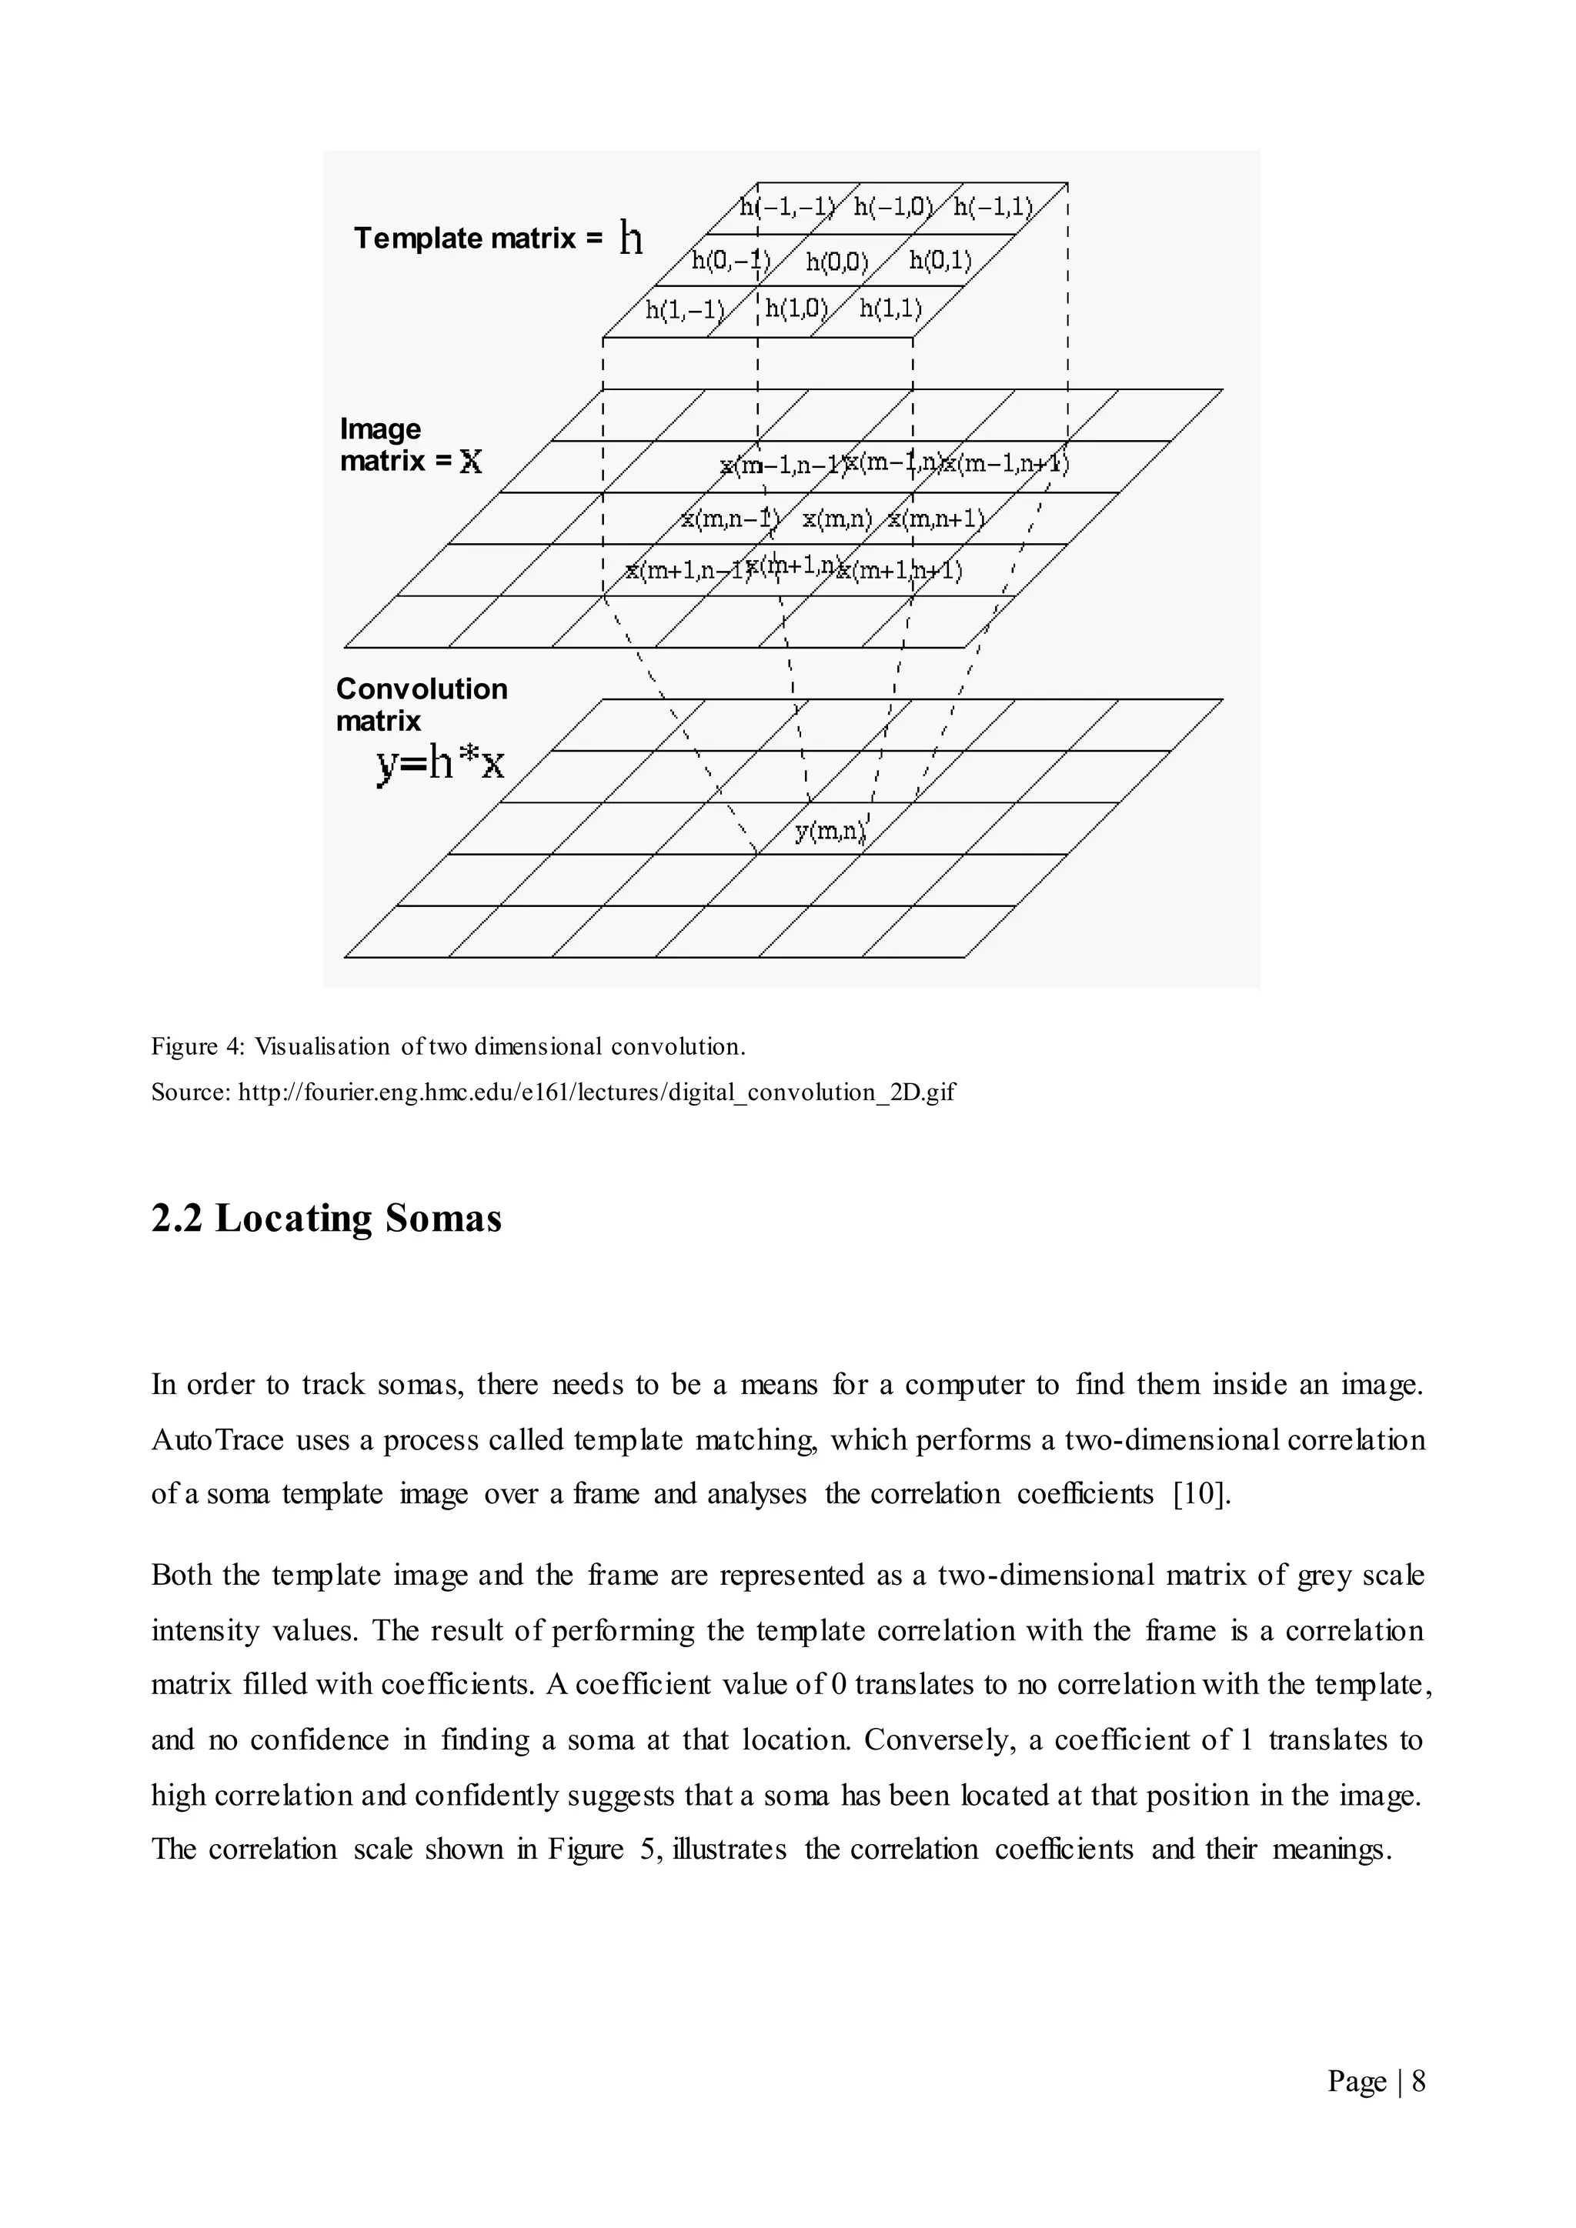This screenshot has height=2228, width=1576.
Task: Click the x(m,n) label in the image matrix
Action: tap(836, 519)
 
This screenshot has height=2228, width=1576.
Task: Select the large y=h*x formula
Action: tap(439, 765)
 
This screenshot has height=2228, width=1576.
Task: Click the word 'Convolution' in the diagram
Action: tap(421, 689)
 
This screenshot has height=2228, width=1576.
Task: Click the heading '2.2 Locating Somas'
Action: tap(326, 1218)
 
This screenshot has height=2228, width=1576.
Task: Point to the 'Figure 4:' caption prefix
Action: tap(198, 1047)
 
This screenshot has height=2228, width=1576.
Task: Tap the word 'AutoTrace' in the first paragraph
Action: tap(217, 1439)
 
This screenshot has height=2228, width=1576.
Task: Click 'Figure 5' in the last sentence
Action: tap(602, 1849)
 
